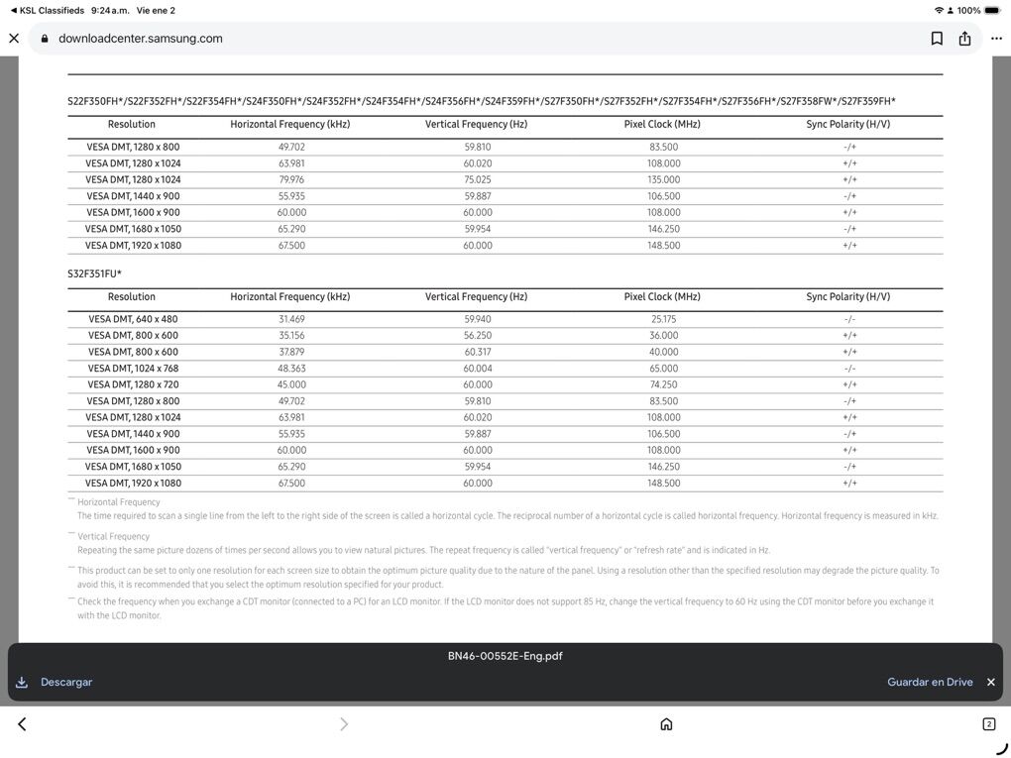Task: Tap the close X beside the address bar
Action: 14,39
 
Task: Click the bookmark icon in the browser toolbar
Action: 937,39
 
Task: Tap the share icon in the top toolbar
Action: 965,39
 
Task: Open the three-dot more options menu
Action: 996,39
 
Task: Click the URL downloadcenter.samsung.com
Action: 140,39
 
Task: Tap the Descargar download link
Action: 65,682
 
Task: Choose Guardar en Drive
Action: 930,682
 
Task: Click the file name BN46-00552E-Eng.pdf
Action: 505,656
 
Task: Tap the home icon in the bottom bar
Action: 666,724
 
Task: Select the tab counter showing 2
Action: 988,724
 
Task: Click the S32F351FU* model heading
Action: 94,273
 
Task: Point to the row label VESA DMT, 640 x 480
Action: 133,319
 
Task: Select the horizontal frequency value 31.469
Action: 291,319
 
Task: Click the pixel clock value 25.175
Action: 663,319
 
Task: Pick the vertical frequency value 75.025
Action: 477,179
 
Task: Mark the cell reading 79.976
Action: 291,179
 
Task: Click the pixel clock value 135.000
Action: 663,179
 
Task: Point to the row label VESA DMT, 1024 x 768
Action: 133,369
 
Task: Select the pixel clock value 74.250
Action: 663,384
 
